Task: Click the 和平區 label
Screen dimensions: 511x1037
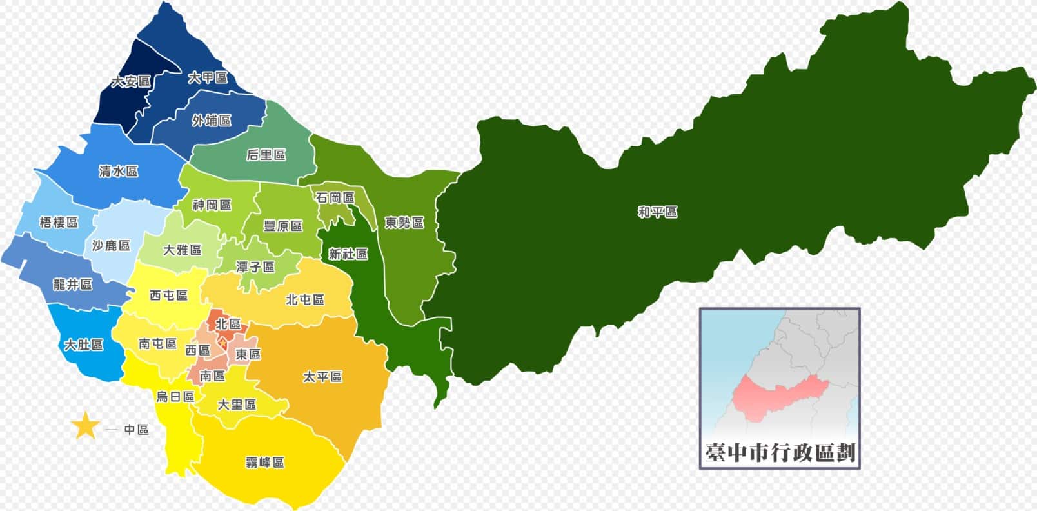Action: click(x=657, y=212)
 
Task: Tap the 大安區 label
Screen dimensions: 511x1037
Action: click(x=131, y=82)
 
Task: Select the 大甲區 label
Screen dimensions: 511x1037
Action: click(x=208, y=77)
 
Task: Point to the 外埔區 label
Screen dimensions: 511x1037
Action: click(x=212, y=121)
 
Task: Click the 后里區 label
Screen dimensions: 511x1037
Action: click(x=266, y=155)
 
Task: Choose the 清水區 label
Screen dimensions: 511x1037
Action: click(x=119, y=172)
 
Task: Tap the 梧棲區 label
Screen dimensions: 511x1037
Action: click(x=59, y=223)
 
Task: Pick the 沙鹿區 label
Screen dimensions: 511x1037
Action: click(x=111, y=246)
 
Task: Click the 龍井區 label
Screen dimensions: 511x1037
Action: click(x=73, y=285)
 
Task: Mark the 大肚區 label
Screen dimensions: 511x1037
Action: click(x=83, y=345)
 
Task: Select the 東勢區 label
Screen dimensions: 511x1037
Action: click(x=404, y=223)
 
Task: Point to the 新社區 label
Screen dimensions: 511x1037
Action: click(x=348, y=254)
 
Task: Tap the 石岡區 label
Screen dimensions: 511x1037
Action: click(x=335, y=198)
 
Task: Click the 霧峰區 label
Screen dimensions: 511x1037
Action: click(x=264, y=463)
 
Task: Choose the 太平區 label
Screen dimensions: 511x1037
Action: click(x=322, y=376)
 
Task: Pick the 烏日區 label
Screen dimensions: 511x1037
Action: click(x=175, y=397)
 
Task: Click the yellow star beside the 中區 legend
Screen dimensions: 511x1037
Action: click(x=84, y=426)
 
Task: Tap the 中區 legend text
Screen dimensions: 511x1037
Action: click(x=137, y=430)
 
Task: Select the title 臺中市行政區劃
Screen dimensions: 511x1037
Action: click(x=780, y=453)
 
